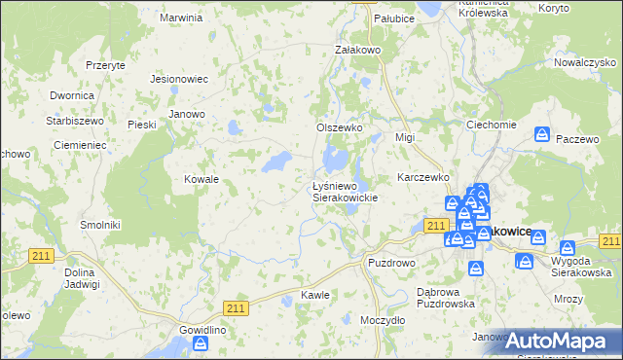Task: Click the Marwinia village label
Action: (181, 18)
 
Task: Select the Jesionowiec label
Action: (180, 80)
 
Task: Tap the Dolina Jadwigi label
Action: (82, 277)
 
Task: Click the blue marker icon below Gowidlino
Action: (202, 343)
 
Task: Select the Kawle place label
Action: (314, 294)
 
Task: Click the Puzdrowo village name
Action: (391, 263)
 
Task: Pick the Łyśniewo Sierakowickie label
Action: (344, 191)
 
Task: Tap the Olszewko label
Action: (340, 127)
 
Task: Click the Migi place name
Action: (405, 137)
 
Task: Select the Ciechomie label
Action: (491, 125)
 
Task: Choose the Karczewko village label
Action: (422, 178)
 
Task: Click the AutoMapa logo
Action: (560, 340)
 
